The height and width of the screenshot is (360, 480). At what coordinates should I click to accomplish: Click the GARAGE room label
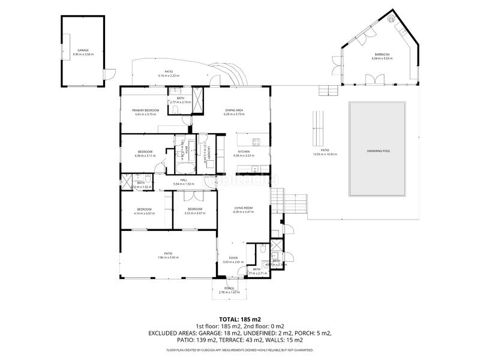(83, 50)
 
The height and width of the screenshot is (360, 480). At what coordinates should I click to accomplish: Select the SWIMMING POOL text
(379, 151)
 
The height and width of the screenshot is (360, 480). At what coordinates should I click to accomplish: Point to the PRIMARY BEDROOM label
(146, 110)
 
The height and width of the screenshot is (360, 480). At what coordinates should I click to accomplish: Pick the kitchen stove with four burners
(256, 143)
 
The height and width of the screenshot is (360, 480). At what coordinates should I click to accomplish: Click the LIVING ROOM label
(243, 208)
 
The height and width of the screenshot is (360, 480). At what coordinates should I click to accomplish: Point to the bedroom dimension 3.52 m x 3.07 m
(195, 213)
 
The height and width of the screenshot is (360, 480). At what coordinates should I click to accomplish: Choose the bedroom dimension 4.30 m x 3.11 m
(145, 155)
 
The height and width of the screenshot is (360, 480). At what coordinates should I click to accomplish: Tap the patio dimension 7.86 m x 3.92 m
(169, 257)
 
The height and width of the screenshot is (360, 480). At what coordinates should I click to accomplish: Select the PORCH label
(229, 288)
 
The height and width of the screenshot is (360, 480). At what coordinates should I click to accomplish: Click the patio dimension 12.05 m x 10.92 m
(325, 154)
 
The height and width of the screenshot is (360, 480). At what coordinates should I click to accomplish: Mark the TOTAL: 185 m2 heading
(240, 319)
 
